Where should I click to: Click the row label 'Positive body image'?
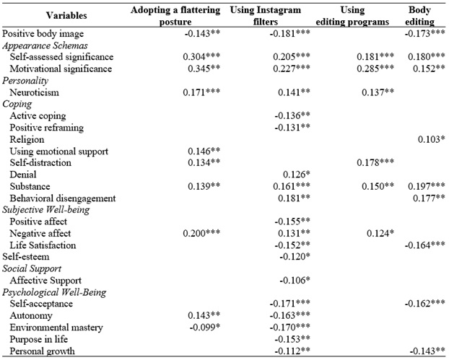[x=43, y=34]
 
